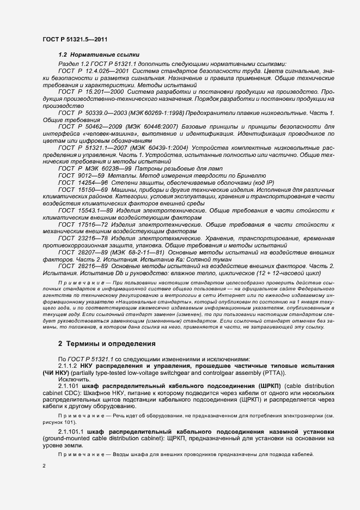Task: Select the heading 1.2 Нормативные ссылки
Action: point(99,55)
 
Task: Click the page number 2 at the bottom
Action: point(44,466)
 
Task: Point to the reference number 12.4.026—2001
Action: point(109,71)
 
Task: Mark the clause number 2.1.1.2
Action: point(70,366)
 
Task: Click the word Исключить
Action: point(72,379)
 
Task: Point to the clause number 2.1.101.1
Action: point(72,432)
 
